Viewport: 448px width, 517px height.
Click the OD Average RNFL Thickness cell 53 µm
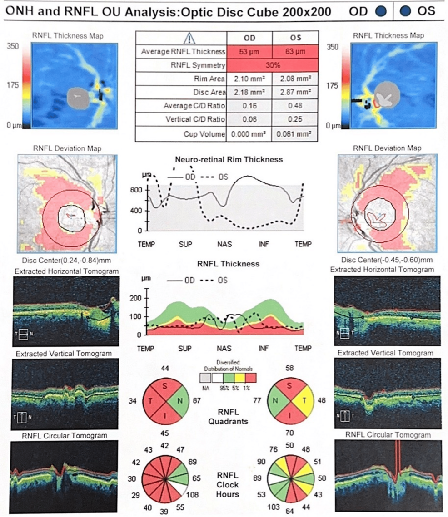point(249,51)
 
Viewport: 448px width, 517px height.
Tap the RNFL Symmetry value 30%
point(272,65)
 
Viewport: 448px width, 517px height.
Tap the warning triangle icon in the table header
point(189,38)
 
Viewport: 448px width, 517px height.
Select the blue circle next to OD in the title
point(382,11)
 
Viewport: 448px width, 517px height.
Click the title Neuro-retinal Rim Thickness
point(229,159)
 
